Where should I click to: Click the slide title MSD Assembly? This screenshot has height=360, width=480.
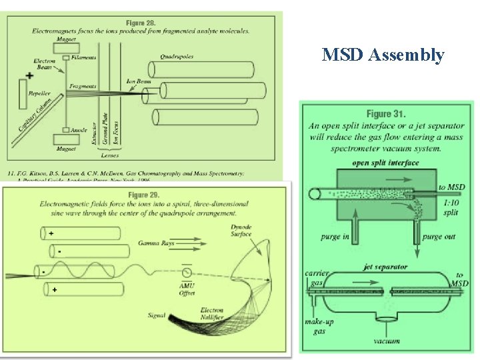[x=383, y=55]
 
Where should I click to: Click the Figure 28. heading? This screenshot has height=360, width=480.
[x=141, y=23]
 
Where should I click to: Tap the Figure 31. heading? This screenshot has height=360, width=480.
[x=386, y=114]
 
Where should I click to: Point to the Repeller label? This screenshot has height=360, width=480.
[x=39, y=93]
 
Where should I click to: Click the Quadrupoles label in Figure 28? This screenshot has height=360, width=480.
[x=177, y=57]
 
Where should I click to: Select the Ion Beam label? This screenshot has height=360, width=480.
[x=139, y=81]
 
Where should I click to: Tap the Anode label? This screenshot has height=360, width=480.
[x=79, y=130]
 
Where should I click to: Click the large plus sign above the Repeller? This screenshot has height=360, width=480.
[x=29, y=75]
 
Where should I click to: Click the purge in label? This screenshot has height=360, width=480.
[x=335, y=237]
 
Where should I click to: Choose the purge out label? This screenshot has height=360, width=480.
[x=439, y=237]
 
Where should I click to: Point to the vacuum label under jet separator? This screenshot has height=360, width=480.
[x=387, y=341]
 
